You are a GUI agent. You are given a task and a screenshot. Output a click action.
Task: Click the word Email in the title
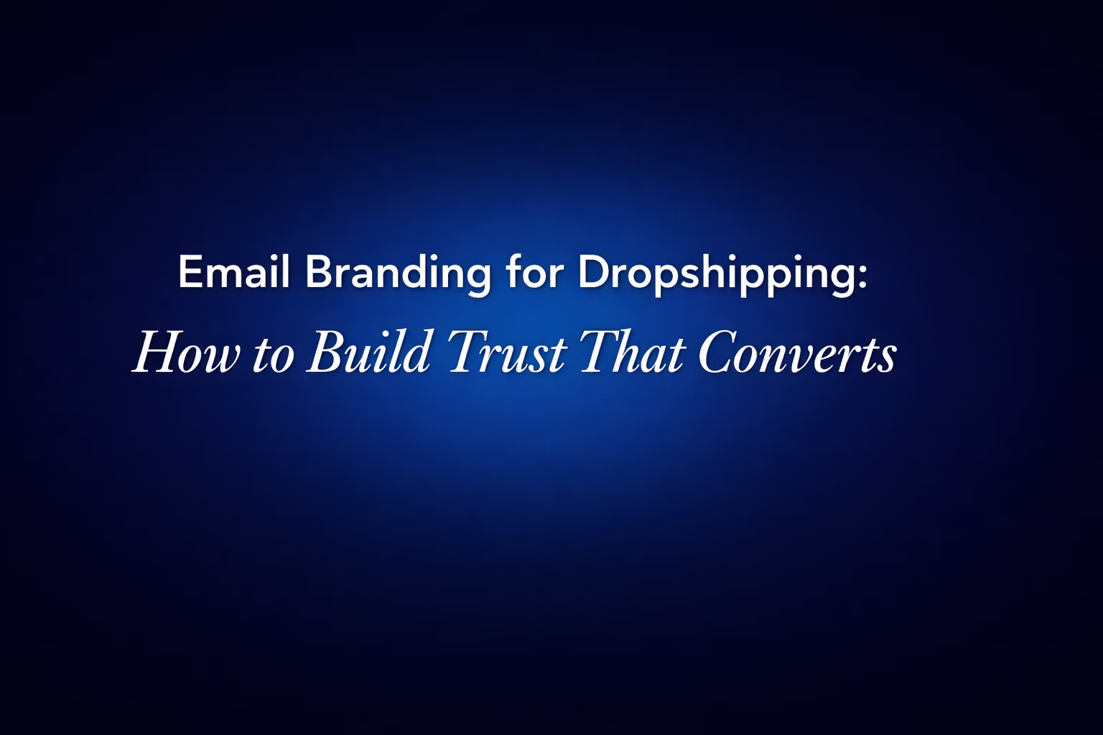point(233,273)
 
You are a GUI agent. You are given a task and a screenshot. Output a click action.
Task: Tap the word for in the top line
point(532,273)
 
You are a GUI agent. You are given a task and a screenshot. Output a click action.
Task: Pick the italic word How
point(187,353)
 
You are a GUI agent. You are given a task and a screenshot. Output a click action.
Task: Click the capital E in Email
point(188,273)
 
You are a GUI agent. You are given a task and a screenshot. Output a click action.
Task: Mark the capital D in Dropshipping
point(589,273)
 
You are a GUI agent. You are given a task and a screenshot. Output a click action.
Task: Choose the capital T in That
point(597,352)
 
